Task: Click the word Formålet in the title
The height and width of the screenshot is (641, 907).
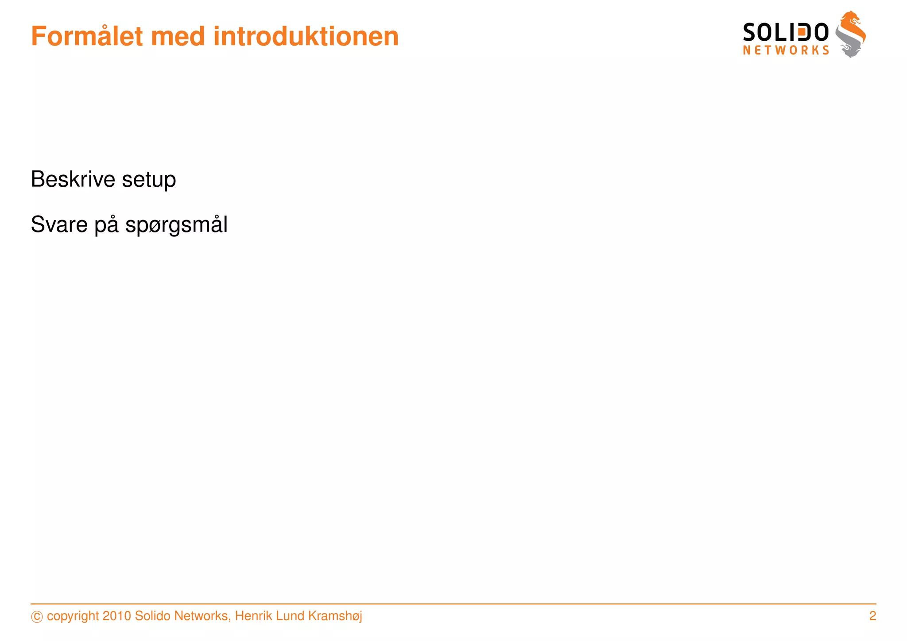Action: click(x=87, y=36)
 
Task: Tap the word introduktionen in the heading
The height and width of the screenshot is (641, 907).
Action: click(x=306, y=36)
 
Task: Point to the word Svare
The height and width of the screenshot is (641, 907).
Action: click(x=59, y=224)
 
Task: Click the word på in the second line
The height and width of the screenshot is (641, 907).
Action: click(x=107, y=224)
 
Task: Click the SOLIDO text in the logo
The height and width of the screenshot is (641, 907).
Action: click(x=785, y=33)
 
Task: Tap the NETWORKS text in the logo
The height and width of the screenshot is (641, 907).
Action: click(x=786, y=50)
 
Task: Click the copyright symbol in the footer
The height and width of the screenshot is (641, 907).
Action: click(x=37, y=617)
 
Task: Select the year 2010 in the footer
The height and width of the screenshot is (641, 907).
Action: click(x=116, y=616)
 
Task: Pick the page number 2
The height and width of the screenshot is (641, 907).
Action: click(x=872, y=616)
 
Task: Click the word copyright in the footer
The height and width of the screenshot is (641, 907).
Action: click(x=73, y=616)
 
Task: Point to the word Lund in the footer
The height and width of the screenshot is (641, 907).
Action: click(x=290, y=616)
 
